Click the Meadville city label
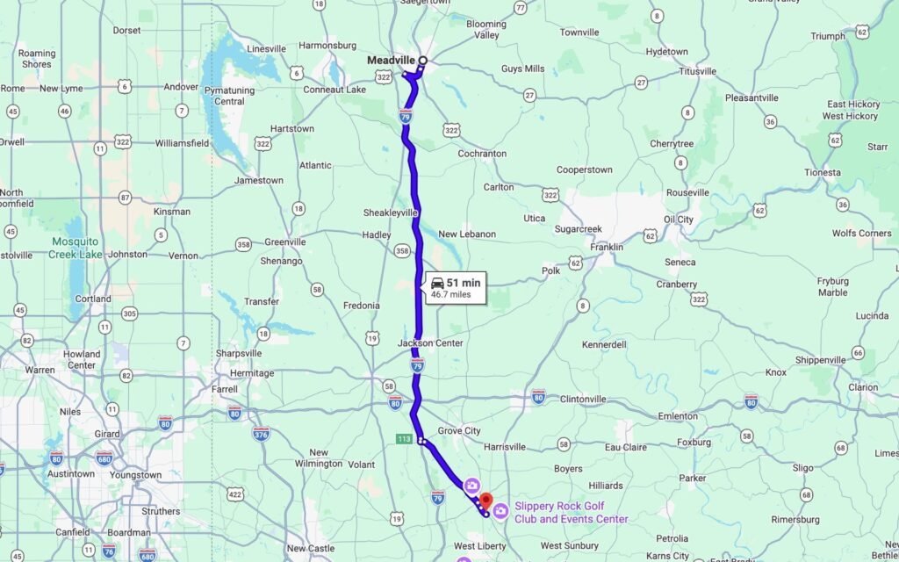click(391, 60)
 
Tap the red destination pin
click(485, 501)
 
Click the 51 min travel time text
click(464, 283)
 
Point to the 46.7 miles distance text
click(450, 295)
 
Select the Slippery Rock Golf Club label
click(571, 512)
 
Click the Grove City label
click(459, 431)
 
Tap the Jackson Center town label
click(429, 343)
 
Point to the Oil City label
click(679, 220)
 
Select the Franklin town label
click(607, 248)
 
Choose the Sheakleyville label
click(390, 213)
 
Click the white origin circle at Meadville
click(422, 61)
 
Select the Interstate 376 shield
click(261, 432)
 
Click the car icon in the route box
click(437, 283)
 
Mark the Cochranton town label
click(482, 154)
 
